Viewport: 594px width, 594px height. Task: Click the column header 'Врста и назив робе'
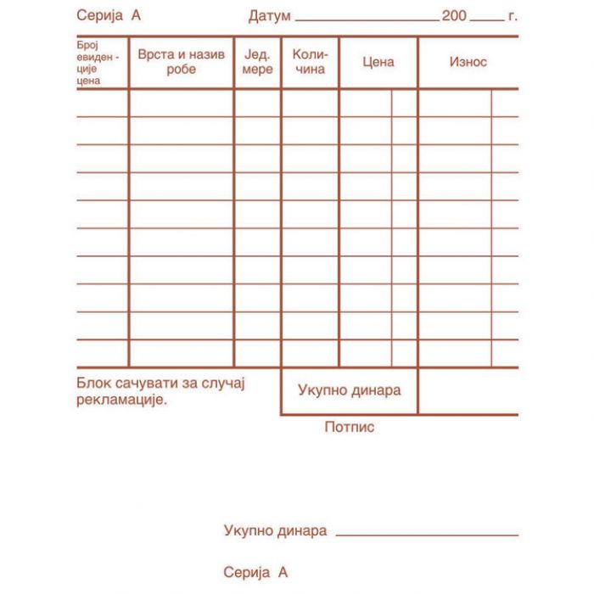(181, 62)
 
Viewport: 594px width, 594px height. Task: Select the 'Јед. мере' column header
(257, 62)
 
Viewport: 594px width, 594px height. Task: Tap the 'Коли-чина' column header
(310, 62)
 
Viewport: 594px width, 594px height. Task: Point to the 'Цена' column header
(378, 62)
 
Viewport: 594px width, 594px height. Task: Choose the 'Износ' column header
(468, 62)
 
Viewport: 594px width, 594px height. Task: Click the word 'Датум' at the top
(270, 16)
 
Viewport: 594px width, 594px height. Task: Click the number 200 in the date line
(454, 16)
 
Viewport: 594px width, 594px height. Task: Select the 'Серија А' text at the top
(109, 16)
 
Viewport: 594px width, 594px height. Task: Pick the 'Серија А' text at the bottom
(255, 573)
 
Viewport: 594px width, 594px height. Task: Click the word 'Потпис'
(349, 427)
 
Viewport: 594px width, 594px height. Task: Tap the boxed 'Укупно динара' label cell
(349, 390)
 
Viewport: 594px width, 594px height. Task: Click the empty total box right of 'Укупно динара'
(468, 391)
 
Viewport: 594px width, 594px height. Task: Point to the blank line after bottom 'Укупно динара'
(427, 535)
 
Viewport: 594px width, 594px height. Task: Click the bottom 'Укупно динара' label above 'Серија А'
(275, 531)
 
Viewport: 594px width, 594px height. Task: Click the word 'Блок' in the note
(92, 384)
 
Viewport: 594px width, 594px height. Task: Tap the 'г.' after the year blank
(513, 16)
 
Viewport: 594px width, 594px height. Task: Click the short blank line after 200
(486, 19)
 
